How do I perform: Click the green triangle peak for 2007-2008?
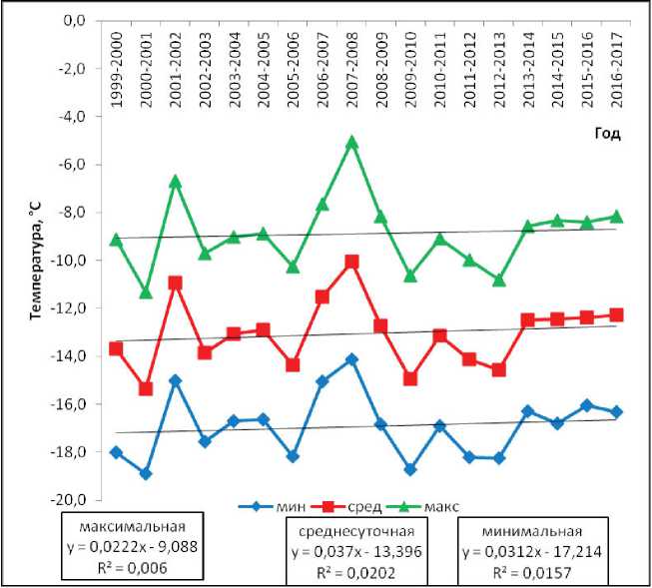pos(351,143)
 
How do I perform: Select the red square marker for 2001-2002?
pos(175,283)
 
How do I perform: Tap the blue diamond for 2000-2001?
pos(146,473)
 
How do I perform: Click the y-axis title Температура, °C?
pos(37,261)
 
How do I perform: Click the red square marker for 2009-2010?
pos(410,378)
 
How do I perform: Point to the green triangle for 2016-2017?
pos(617,216)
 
